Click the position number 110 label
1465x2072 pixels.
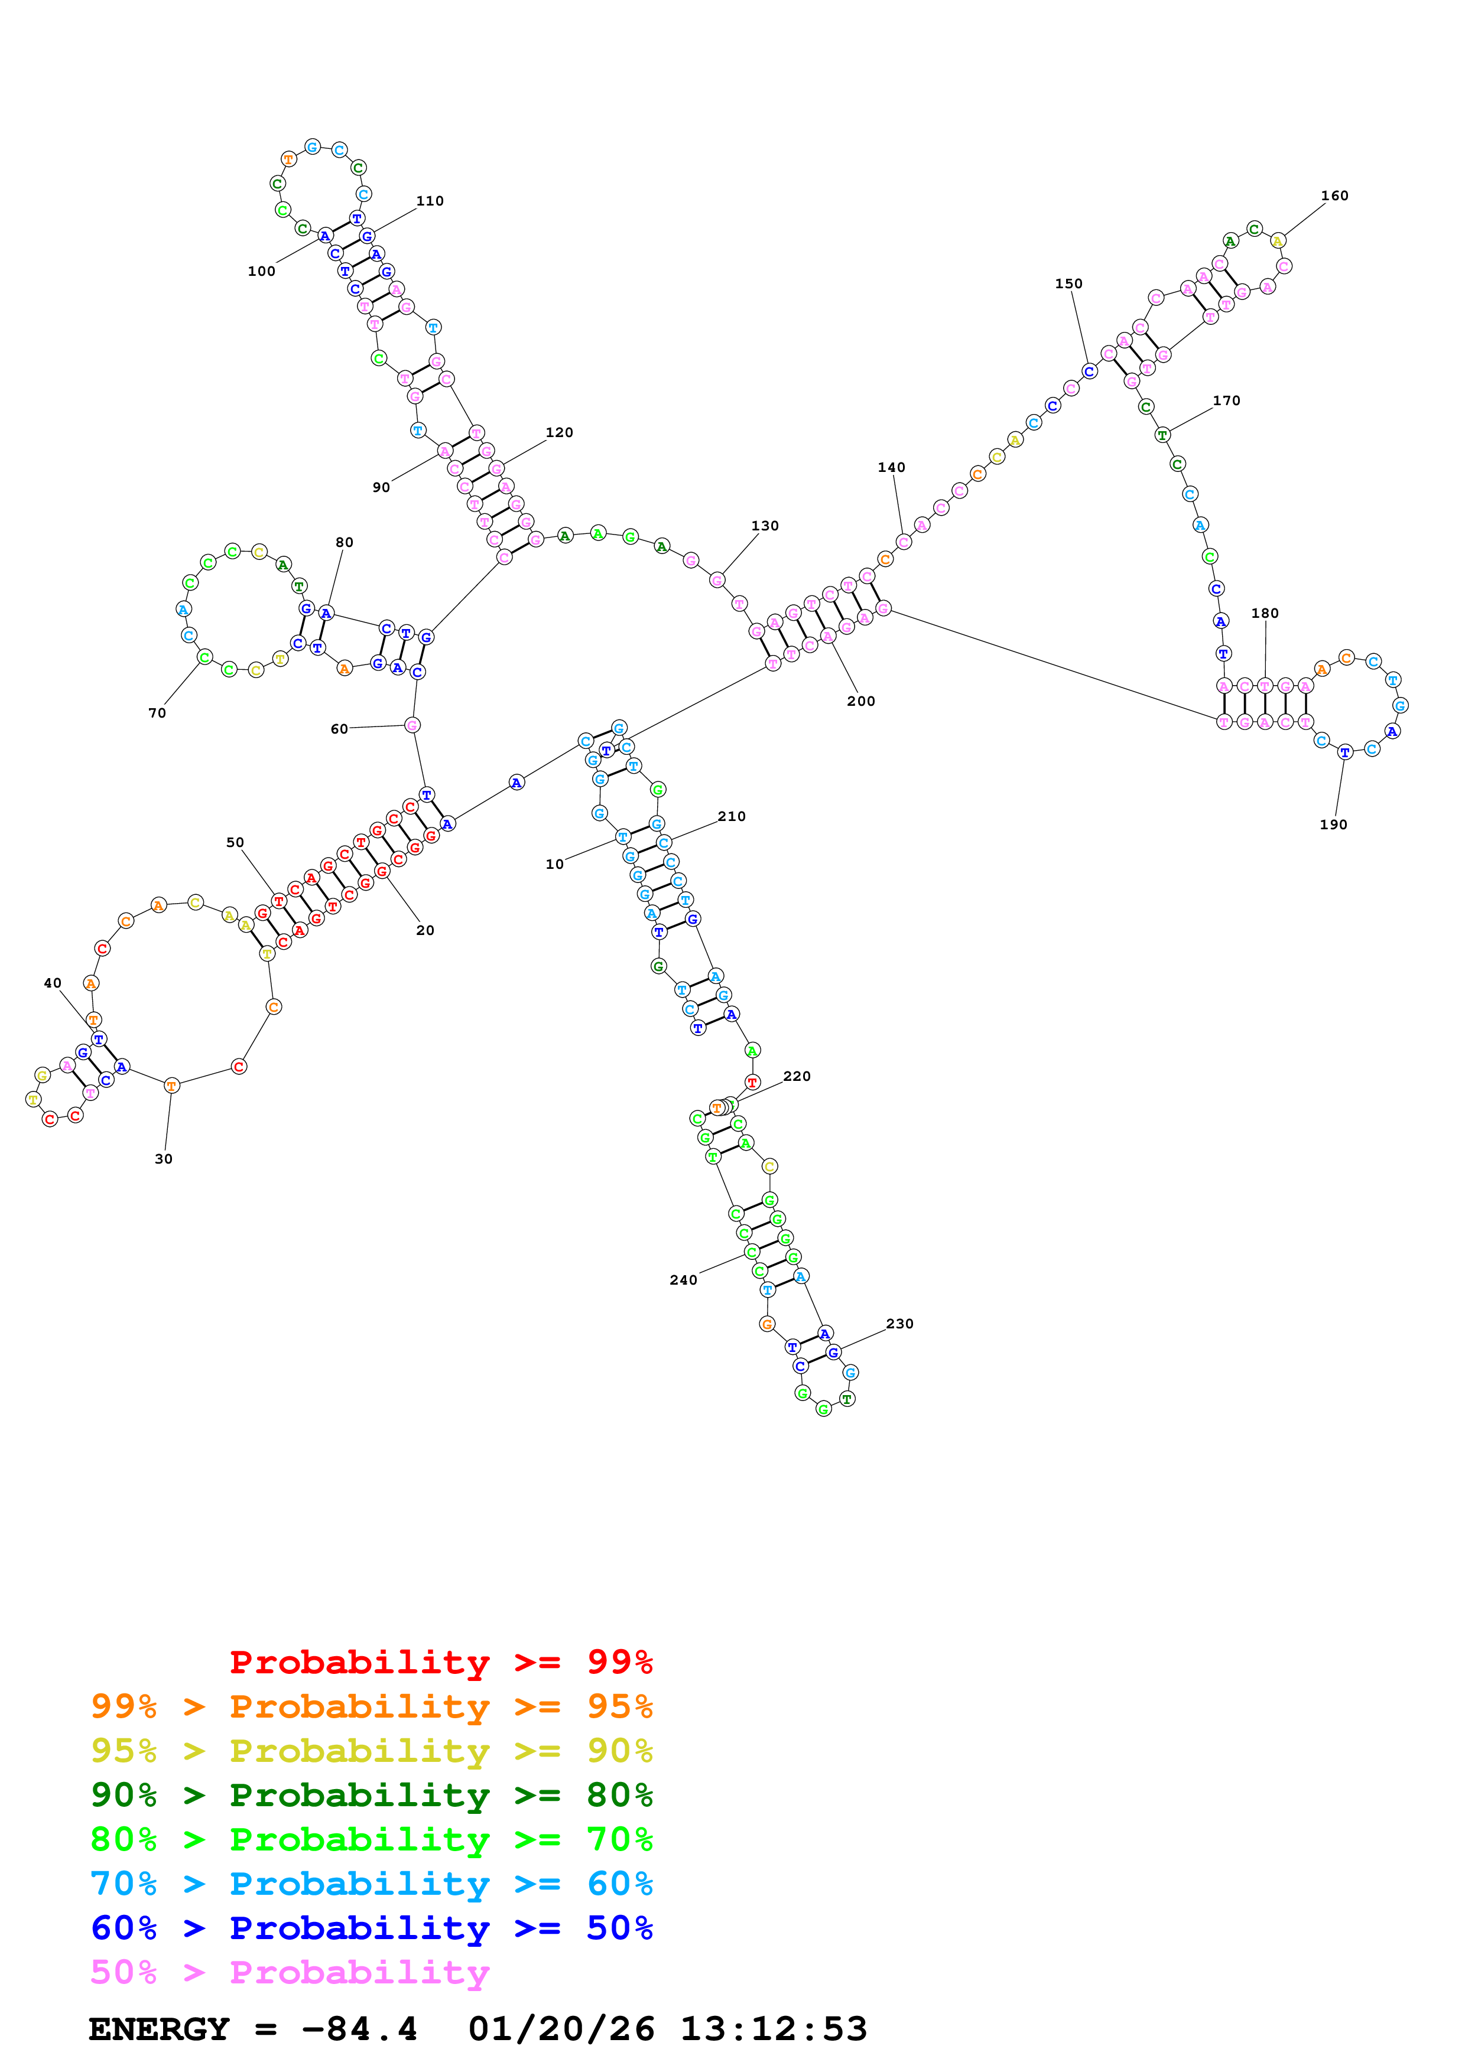(x=430, y=201)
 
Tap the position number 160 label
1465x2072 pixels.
(x=1334, y=196)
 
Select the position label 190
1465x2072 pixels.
(x=1333, y=825)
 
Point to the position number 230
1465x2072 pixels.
(x=899, y=1324)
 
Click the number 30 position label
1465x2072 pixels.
(x=163, y=1159)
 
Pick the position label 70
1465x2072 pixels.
(x=157, y=713)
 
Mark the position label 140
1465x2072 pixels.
(x=891, y=467)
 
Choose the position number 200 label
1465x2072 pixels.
(x=860, y=701)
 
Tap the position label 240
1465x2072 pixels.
(x=683, y=1280)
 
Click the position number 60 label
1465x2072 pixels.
(x=339, y=729)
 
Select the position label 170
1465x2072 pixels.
(x=1226, y=400)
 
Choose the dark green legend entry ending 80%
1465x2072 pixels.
(x=372, y=1795)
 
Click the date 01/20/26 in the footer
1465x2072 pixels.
(x=561, y=2029)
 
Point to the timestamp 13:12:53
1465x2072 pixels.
(x=774, y=2029)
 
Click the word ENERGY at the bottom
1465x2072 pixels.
(x=159, y=2029)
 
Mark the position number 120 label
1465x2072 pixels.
(x=558, y=433)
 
